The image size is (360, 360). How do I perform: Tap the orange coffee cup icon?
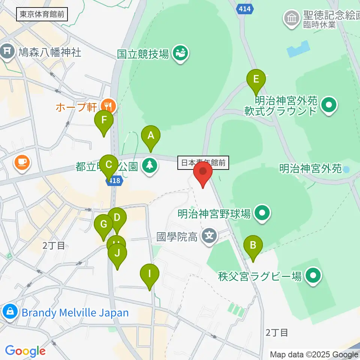click(22, 163)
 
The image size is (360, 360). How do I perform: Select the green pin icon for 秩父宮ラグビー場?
click(313, 276)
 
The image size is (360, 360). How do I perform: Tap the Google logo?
click(25, 351)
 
